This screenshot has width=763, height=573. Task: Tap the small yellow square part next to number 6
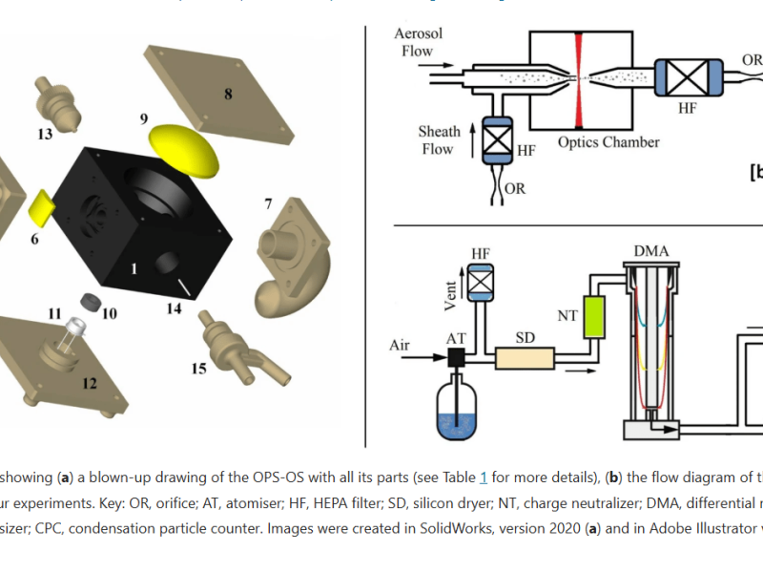43,204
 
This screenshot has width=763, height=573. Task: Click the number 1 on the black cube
134,269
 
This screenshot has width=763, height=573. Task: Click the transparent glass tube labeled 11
70,335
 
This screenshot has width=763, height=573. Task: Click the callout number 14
173,308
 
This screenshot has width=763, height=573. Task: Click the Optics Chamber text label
608,142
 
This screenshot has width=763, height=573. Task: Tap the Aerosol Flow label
419,42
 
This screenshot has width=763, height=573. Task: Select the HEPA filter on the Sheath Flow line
495,139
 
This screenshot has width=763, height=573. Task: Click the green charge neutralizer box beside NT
597,315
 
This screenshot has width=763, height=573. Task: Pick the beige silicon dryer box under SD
525,357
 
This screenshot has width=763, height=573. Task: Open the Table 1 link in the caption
484,477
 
